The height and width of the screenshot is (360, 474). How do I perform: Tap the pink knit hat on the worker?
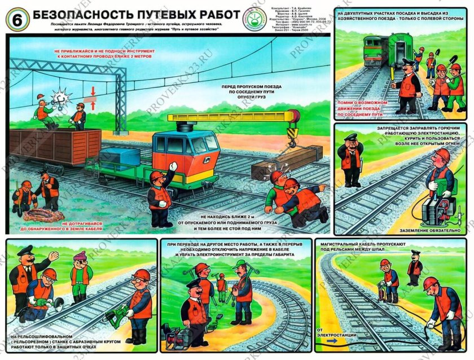coord(81,256)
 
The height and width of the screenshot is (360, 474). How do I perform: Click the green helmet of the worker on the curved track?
coord(242,264)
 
